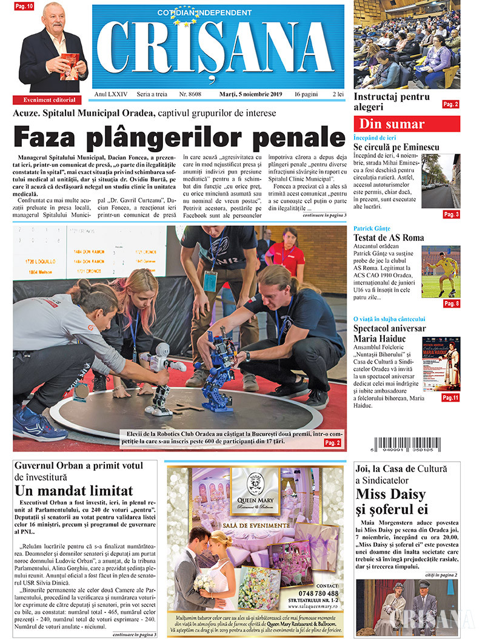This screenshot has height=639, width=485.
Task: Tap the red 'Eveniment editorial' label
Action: click(50, 100)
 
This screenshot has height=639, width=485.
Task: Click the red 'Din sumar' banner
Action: click(407, 124)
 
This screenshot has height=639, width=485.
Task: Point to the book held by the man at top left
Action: click(70, 64)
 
